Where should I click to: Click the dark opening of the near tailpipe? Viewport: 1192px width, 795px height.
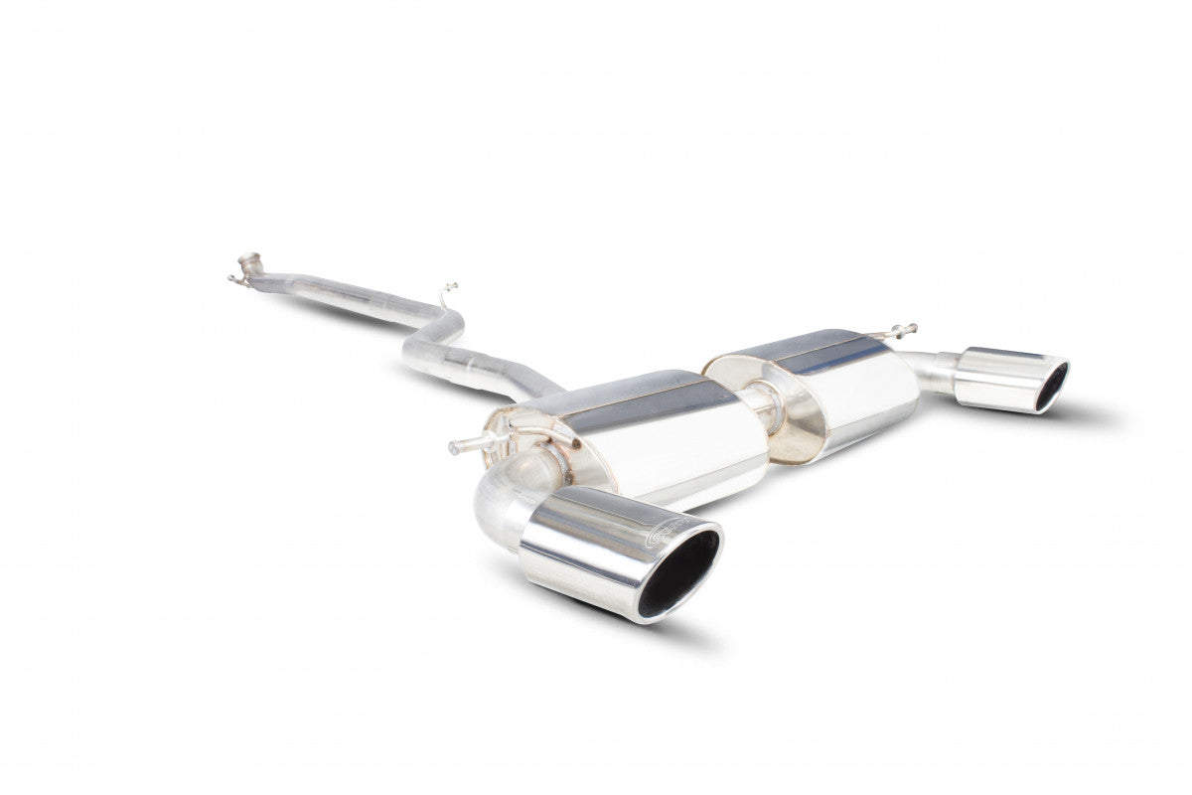tap(679, 573)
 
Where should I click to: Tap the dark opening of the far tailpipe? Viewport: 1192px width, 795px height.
tap(1051, 387)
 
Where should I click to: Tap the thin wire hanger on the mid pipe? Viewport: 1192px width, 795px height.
tap(446, 293)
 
